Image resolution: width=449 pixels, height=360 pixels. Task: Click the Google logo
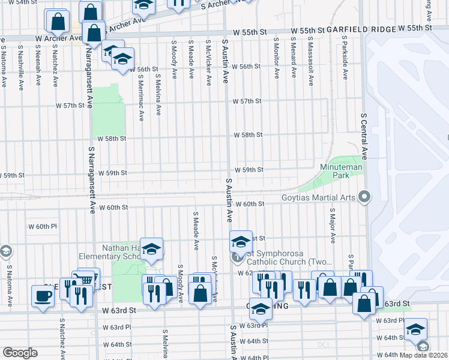(20, 353)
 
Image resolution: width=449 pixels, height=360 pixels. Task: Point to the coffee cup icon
(43, 296)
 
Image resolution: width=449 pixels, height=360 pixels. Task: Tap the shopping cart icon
(88, 278)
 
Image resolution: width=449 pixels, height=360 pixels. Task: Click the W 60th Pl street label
(42, 227)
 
